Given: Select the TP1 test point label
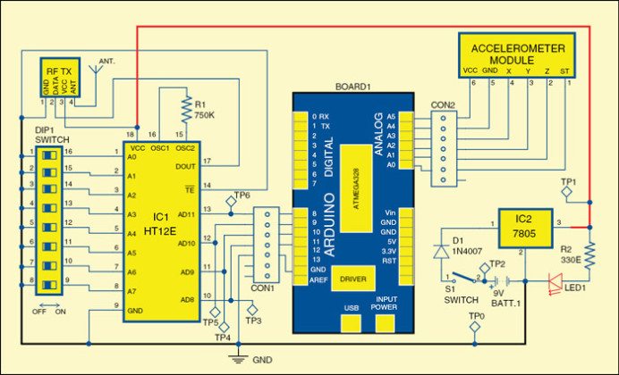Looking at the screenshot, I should point(566,181).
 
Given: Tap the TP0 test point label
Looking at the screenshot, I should point(479,316).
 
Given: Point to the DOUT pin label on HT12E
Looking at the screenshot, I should point(183,166).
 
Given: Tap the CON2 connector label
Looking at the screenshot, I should point(442,104).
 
